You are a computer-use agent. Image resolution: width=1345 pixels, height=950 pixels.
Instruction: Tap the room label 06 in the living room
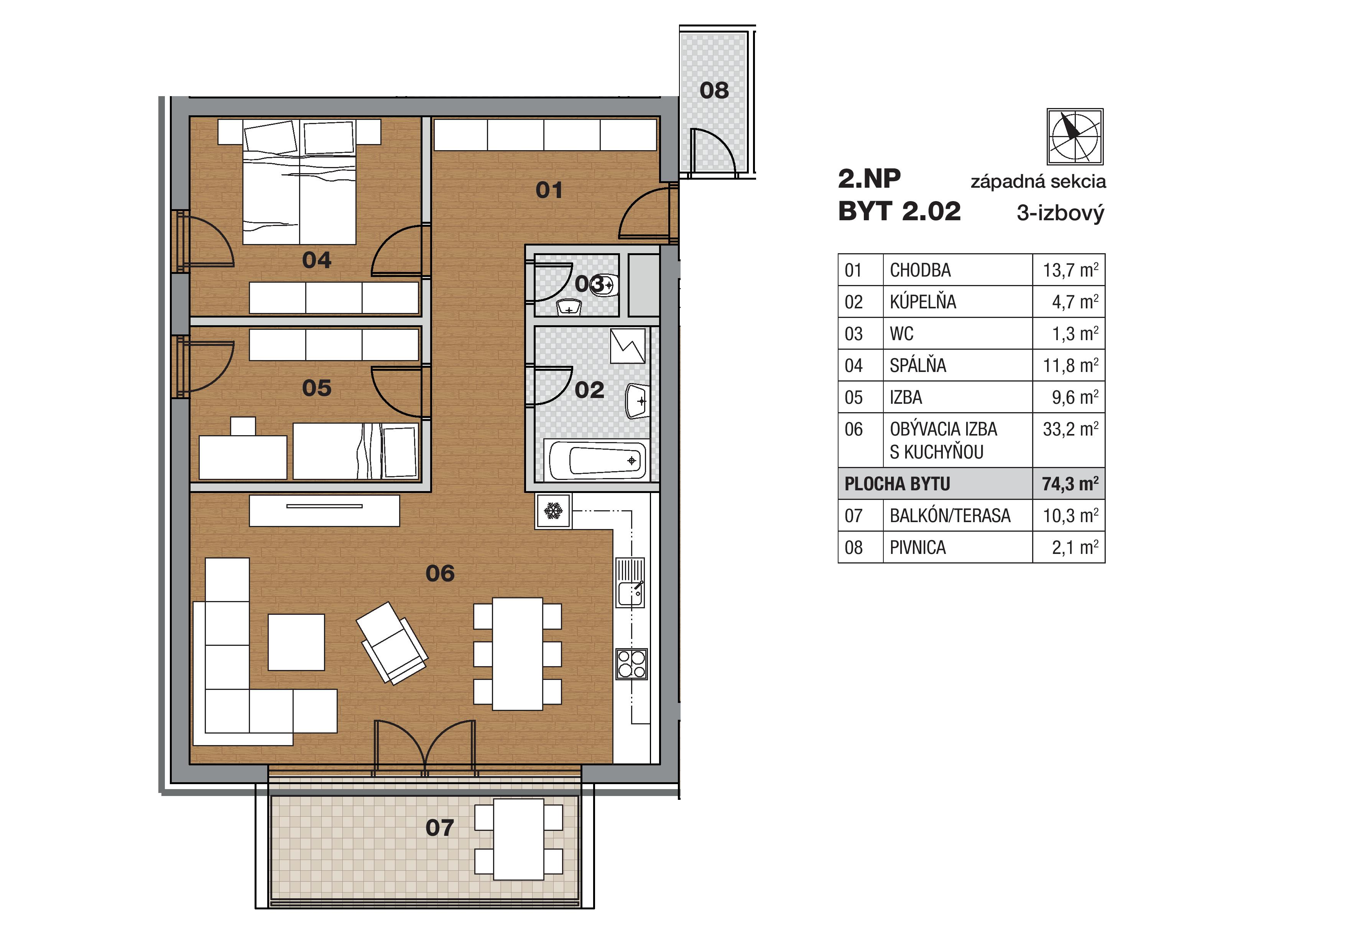[x=440, y=573]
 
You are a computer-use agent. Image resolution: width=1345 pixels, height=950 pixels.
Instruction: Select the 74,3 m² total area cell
[x=1070, y=483]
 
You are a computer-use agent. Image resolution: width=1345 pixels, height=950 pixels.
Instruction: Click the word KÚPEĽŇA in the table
[x=922, y=302]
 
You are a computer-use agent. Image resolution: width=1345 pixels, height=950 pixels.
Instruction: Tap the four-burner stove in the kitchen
[x=631, y=664]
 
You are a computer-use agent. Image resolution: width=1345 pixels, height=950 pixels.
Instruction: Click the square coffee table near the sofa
[x=296, y=642]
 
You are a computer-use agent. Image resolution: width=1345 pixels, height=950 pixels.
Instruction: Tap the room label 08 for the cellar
[x=714, y=90]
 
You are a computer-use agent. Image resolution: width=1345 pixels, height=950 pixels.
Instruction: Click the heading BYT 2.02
[x=899, y=211]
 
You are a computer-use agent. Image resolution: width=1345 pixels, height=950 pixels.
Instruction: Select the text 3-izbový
[x=1060, y=213]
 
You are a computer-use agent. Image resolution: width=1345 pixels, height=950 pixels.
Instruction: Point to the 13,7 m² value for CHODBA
[x=1070, y=270]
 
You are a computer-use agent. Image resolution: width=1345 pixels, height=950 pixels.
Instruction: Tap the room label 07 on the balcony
[x=440, y=828]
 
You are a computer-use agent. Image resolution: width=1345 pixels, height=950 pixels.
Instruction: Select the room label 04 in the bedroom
[x=316, y=260]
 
